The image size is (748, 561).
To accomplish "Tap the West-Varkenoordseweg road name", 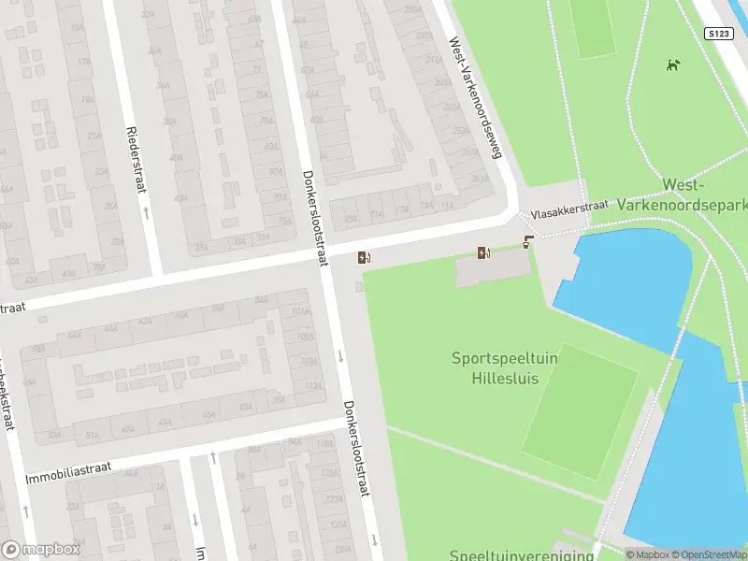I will pyautogui.click(x=475, y=109).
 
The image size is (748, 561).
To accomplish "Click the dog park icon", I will pyautogui.click(x=671, y=65).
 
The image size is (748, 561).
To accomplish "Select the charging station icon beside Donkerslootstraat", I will pyautogui.click(x=364, y=258).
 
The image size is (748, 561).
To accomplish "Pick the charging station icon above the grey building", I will pyautogui.click(x=483, y=252).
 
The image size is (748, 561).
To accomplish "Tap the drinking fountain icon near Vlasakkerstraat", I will pyautogui.click(x=529, y=243).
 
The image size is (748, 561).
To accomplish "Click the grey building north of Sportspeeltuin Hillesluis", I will pyautogui.click(x=494, y=271).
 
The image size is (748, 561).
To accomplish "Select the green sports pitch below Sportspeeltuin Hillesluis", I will pyautogui.click(x=579, y=412).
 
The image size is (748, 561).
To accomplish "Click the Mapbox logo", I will pyautogui.click(x=38, y=549).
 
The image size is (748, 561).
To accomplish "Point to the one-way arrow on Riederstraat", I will pyautogui.click(x=147, y=211).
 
